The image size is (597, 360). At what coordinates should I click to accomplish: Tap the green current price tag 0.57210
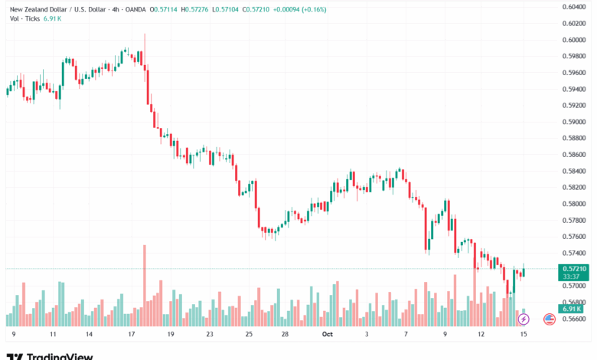pyautogui.click(x=574, y=269)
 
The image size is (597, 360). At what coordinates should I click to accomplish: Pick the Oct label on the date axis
pyautogui.click(x=328, y=335)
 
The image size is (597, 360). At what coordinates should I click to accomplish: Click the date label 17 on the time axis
pyautogui.click(x=132, y=335)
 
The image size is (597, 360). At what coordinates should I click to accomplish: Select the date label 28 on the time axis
pyautogui.click(x=285, y=335)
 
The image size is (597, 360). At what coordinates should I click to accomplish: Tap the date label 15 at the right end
pyautogui.click(x=524, y=335)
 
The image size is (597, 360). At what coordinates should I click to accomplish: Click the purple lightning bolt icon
pyautogui.click(x=524, y=319)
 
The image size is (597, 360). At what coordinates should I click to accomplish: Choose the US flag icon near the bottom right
pyautogui.click(x=549, y=319)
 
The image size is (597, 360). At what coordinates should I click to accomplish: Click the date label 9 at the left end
pyautogui.click(x=15, y=335)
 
